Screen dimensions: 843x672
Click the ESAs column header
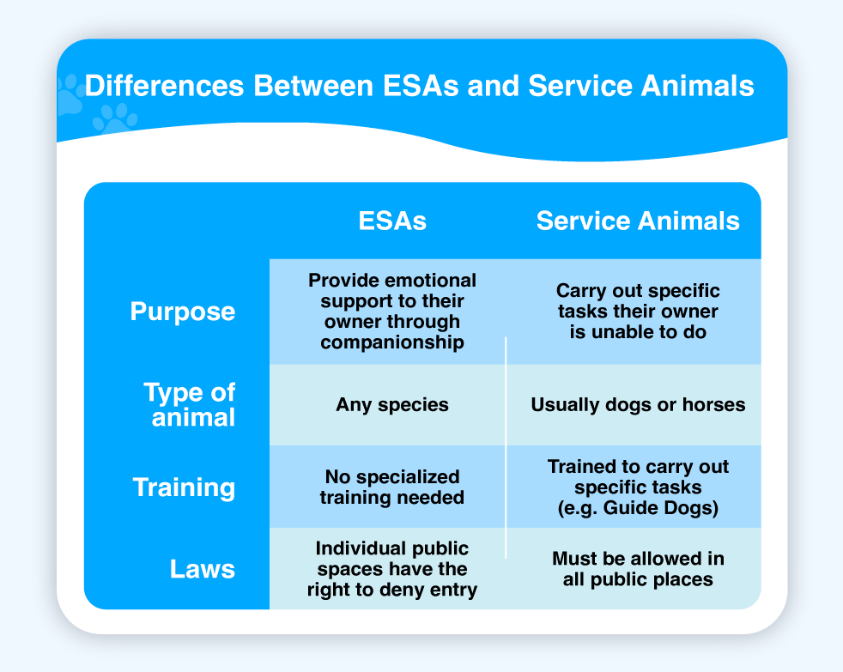(392, 221)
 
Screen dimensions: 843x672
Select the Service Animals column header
(638, 221)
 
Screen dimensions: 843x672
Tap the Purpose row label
(183, 312)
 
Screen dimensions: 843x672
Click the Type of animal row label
(189, 404)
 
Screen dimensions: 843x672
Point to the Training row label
(184, 487)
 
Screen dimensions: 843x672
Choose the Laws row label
(203, 569)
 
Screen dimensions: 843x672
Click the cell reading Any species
(392, 405)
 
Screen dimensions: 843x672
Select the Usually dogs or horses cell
(638, 405)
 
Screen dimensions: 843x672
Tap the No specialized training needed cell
(392, 487)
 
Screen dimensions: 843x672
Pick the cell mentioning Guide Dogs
(638, 487)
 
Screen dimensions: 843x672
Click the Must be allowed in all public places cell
(638, 569)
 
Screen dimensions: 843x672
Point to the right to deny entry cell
(392, 569)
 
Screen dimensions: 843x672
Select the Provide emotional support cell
(392, 312)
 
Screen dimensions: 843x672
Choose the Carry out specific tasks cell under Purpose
(638, 312)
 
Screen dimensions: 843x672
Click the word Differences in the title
(165, 86)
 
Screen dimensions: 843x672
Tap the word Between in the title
(313, 86)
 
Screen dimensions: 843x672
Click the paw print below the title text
(114, 119)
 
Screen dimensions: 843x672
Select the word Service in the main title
(580, 86)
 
